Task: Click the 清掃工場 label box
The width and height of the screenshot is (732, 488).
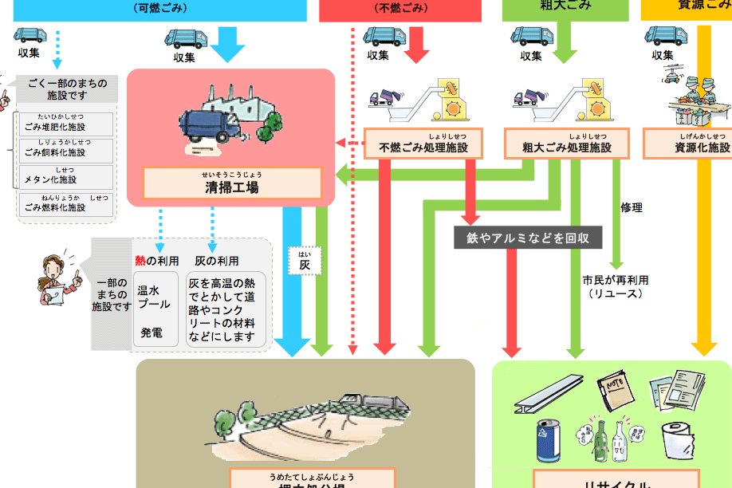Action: (x=232, y=183)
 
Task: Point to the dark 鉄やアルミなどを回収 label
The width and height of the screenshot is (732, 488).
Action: (x=528, y=238)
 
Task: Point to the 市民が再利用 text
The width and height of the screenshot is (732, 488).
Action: (x=616, y=281)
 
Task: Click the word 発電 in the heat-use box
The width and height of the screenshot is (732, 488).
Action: (x=152, y=333)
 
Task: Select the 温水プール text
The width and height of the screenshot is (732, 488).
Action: (x=154, y=297)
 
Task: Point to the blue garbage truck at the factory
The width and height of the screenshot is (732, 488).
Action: (x=210, y=128)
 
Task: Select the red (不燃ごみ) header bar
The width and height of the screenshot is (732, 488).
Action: (x=399, y=10)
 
